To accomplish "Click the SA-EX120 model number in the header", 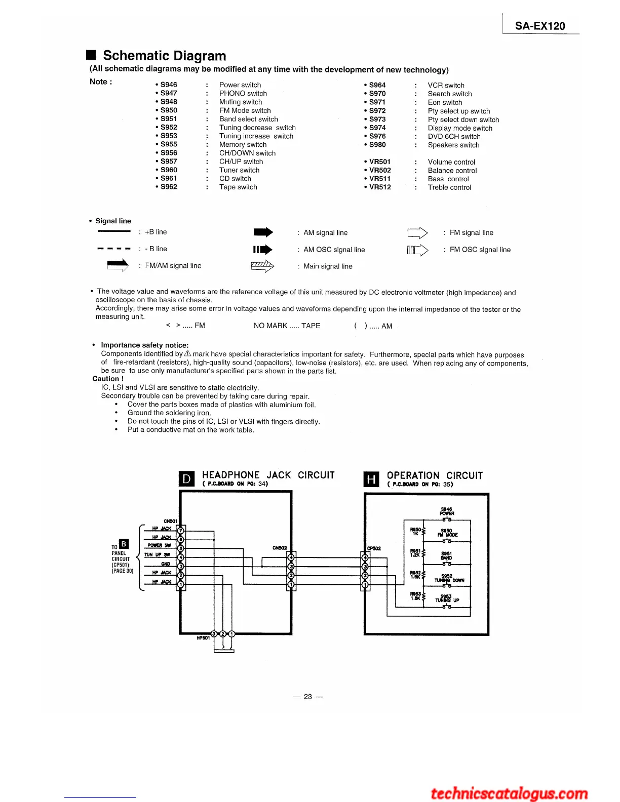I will click(x=540, y=26).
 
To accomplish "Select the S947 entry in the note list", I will click(x=169, y=93).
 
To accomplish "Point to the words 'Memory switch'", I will click(x=243, y=144).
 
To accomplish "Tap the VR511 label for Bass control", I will click(x=380, y=179).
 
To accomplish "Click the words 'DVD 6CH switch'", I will click(x=454, y=136).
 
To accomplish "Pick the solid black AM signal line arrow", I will click(x=263, y=232).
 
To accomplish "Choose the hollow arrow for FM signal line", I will click(x=417, y=233).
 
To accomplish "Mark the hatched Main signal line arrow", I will click(x=262, y=266).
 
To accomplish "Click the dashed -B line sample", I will click(x=114, y=249).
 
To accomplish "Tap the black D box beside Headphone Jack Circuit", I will click(x=187, y=478).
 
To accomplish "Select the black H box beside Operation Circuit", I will click(x=371, y=479).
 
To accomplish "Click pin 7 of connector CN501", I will click(x=181, y=530).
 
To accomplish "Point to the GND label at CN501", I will click(x=166, y=564).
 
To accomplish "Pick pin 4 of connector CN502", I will click(x=291, y=558).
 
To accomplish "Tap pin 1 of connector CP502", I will click(x=365, y=585).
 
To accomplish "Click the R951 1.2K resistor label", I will click(x=415, y=553).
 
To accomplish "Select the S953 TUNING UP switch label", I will click(x=446, y=598).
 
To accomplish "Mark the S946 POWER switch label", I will click(x=447, y=511).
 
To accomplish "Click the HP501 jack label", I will click(x=203, y=638).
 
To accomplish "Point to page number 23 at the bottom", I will click(x=308, y=697).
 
